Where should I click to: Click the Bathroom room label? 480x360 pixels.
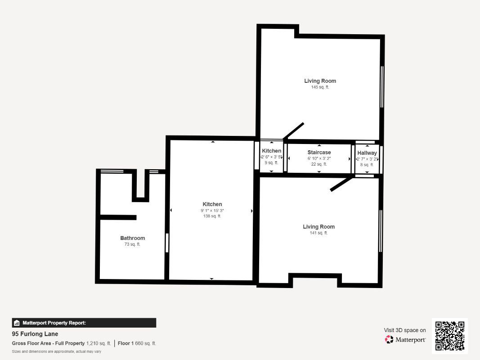click(132, 238)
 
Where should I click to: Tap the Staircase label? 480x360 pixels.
click(319, 152)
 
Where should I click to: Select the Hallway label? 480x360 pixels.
click(367, 153)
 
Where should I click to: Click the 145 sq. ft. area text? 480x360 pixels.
click(320, 87)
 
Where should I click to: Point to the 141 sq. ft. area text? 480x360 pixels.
click(319, 233)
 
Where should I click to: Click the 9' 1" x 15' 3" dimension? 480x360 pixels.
click(212, 211)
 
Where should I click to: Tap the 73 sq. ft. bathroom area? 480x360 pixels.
click(132, 244)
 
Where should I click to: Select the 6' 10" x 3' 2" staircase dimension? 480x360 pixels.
click(319, 158)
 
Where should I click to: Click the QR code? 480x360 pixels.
click(450, 336)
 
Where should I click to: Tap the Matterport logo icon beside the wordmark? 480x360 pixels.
click(389, 339)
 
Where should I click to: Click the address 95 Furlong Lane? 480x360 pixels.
click(35, 334)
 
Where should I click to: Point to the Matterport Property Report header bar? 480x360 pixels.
click(84, 323)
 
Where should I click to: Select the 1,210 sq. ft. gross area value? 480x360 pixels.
click(99, 343)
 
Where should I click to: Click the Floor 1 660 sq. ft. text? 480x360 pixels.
click(137, 343)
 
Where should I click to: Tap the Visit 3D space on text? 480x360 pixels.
click(405, 330)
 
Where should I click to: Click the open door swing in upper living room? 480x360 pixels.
click(294, 131)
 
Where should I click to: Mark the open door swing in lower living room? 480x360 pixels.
click(341, 184)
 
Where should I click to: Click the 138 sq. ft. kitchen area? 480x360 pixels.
click(212, 216)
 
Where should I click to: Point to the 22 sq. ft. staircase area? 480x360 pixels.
click(319, 164)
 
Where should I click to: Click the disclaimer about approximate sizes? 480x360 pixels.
click(56, 351)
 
